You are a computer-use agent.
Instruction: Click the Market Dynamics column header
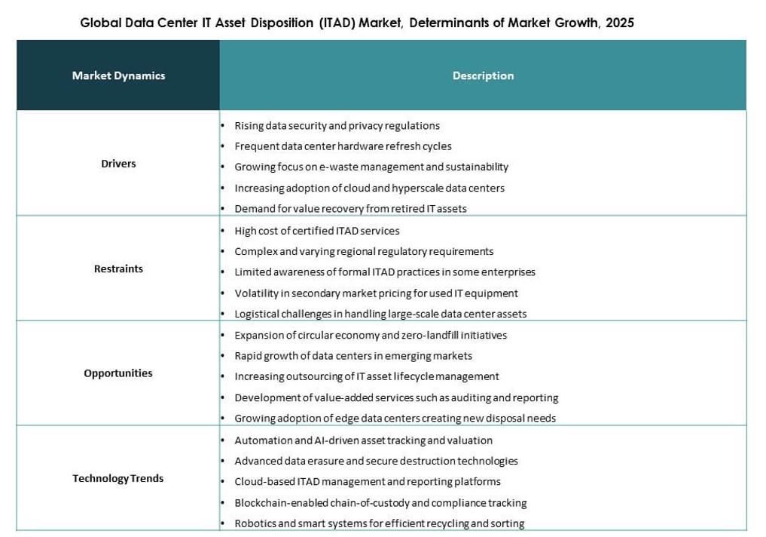point(118,75)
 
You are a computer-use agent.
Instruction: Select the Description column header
point(483,75)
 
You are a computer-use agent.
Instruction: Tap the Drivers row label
point(118,164)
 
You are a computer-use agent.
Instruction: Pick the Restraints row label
point(118,268)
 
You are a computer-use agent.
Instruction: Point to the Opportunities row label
point(118,373)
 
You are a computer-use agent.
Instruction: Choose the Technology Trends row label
point(118,478)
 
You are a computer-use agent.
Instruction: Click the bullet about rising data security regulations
point(337,126)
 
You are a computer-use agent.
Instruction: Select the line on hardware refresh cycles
point(343,146)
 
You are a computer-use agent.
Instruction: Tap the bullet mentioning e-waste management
point(371,167)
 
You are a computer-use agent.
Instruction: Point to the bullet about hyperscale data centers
point(369,188)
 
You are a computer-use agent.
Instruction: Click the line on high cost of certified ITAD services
point(317,231)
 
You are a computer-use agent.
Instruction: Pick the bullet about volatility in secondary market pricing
point(376,293)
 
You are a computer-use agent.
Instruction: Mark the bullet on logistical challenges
point(380,314)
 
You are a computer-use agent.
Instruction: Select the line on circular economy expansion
point(371,335)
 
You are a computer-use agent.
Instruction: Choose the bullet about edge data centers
point(395,418)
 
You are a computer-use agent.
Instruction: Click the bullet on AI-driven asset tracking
point(363,440)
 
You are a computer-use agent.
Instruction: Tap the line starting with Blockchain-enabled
point(380,503)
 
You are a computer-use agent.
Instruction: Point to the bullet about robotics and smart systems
point(379,523)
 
